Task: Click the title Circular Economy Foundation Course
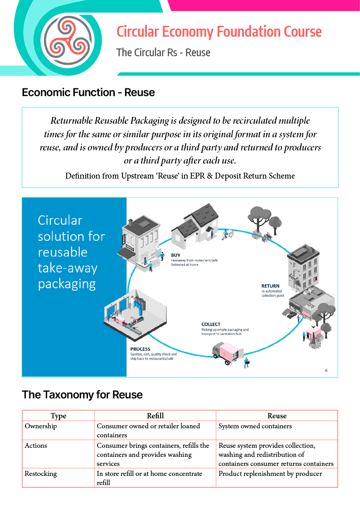point(219,32)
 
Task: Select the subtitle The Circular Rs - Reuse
point(163,53)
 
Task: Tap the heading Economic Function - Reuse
point(88,92)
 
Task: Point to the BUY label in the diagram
point(175,255)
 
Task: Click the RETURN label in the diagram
point(270,286)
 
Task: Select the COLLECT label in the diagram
point(211,324)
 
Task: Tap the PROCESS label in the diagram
point(140,349)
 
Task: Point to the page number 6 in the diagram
point(326,370)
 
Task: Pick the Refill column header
point(155,416)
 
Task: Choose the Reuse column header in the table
point(277,416)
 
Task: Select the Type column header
point(58,416)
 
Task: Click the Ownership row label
point(41,426)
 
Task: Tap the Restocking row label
point(41,474)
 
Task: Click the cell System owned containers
point(255,426)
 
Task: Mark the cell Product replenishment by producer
point(270,474)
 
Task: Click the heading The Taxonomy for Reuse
point(82,395)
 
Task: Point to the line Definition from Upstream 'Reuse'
point(180,176)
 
